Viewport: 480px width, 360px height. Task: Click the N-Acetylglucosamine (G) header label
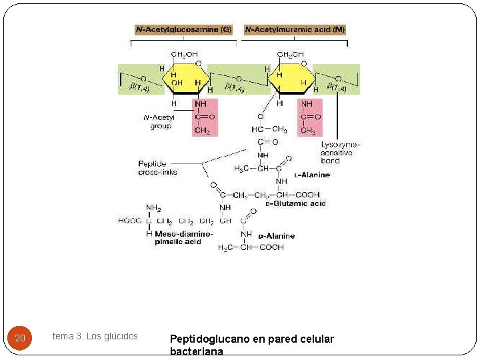(183, 30)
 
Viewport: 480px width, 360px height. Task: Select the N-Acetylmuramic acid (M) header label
(295, 30)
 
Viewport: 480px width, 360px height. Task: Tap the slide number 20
(20, 339)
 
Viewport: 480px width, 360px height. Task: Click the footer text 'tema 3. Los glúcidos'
(95, 336)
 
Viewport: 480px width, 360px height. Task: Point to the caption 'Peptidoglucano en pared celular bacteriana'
(252, 344)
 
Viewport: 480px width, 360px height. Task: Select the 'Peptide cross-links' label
(157, 168)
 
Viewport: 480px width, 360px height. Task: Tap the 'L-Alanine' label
(311, 175)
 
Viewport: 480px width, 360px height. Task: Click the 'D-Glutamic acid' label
(295, 203)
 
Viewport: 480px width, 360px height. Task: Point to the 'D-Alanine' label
(277, 236)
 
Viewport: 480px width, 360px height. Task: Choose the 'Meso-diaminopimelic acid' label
(183, 238)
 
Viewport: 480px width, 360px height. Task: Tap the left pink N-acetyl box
(204, 117)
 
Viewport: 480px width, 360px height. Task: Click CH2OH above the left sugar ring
(184, 55)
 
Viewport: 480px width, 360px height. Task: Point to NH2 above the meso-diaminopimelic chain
(153, 208)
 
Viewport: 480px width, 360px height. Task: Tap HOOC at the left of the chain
(130, 221)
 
